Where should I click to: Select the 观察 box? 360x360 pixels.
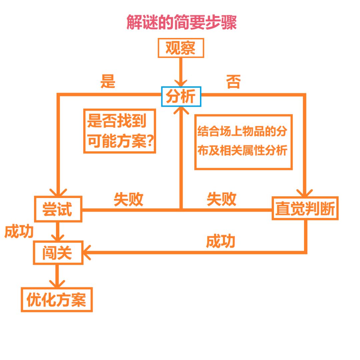(180, 49)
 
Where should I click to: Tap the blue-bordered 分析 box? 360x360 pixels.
(181, 97)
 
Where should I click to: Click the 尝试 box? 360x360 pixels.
(58, 209)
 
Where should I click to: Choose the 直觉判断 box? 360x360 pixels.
(305, 208)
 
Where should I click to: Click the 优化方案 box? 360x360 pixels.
(57, 300)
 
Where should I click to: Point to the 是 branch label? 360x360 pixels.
(108, 81)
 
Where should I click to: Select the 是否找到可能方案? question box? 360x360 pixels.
(120, 131)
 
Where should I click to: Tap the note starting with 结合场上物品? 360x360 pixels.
(243, 142)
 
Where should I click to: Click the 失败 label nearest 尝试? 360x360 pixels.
(128, 199)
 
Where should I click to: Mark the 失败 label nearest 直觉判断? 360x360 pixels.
(221, 199)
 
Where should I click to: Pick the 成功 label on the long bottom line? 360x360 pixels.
(220, 241)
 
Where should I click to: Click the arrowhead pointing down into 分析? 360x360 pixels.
(181, 82)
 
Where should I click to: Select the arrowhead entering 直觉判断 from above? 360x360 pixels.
(305, 193)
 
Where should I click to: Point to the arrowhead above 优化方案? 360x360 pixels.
(57, 284)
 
